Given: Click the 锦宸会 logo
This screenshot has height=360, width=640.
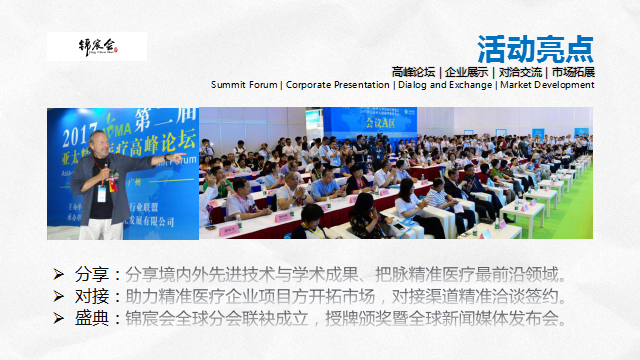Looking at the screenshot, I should pos(97,46).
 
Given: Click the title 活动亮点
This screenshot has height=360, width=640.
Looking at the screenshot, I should pos(535,47).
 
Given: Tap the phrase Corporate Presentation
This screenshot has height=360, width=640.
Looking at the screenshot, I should pos(337,85).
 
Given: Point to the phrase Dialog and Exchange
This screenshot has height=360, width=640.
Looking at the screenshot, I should pos(444,85).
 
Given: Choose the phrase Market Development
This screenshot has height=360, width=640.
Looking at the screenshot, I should pos(547,85).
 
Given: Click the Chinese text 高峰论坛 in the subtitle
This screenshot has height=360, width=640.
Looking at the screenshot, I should pos(414,72).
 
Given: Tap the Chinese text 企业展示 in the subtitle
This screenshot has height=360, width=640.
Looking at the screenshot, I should pos(467,72).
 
